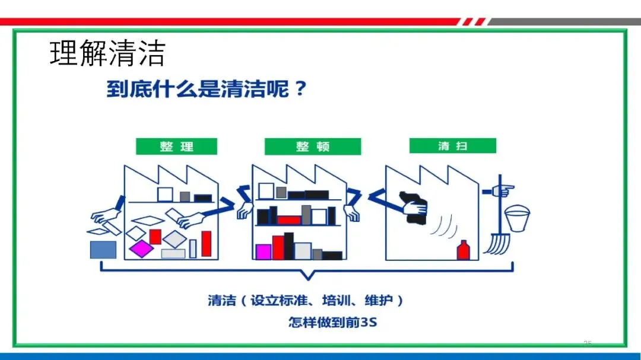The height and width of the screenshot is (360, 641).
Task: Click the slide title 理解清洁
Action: pyautogui.click(x=107, y=53)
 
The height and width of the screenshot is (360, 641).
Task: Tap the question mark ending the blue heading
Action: pyautogui.click(x=300, y=90)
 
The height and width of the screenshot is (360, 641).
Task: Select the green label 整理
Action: pyautogui.click(x=176, y=146)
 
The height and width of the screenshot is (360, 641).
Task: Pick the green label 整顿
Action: pyautogui.click(x=312, y=146)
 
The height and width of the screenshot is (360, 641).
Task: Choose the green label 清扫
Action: pyautogui.click(x=452, y=146)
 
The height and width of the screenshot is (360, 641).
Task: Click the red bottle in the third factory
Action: pyautogui.click(x=464, y=250)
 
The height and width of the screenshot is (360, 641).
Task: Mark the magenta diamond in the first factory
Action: pyautogui.click(x=142, y=248)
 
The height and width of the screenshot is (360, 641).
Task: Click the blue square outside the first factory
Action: pyautogui.click(x=103, y=250)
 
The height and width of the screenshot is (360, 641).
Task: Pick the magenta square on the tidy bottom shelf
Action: pyautogui.click(x=263, y=251)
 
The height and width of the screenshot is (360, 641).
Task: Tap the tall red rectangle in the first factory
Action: pyautogui.click(x=206, y=243)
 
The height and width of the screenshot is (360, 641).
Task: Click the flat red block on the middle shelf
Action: pyautogui.click(x=288, y=219)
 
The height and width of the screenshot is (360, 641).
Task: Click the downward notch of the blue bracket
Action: pyautogui.click(x=306, y=275)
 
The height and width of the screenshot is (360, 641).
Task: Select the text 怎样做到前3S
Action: pyautogui.click(x=332, y=323)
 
